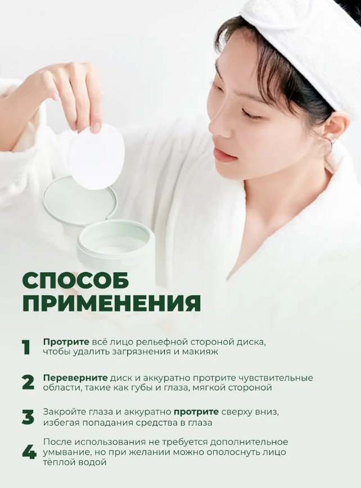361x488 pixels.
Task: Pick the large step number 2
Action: pyautogui.click(x=28, y=382)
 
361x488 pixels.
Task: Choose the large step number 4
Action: pyautogui.click(x=29, y=453)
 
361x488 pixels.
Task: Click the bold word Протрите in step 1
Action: pyautogui.click(x=66, y=342)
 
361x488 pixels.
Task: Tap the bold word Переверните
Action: pyautogui.click(x=75, y=378)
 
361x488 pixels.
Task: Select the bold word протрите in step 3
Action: pyautogui.click(x=196, y=413)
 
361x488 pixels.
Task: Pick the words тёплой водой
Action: pyautogui.click(x=75, y=462)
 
